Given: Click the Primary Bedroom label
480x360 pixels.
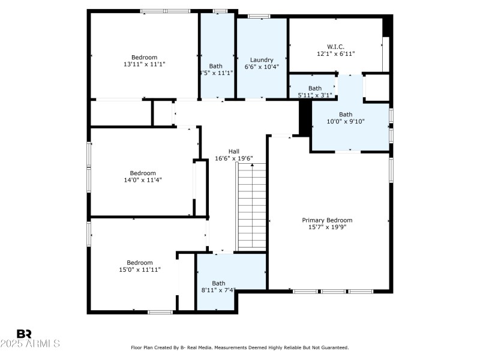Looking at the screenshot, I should click(326, 220).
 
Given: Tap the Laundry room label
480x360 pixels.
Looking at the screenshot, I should click(262, 60).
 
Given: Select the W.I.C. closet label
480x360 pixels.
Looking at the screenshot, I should click(335, 46).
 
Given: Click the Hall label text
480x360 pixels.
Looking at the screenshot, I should click(234, 151).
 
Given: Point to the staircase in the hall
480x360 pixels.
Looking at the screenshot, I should click(252, 207).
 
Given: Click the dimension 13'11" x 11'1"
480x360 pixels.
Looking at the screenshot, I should click(144, 64).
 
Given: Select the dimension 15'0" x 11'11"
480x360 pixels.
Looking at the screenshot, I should click(139, 269).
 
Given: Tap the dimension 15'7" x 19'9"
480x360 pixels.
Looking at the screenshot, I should click(326, 227).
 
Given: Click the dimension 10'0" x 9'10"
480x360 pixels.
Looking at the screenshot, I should click(346, 121).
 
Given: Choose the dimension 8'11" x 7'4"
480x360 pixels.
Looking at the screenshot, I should click(218, 290).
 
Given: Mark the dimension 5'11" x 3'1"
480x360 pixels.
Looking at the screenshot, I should click(315, 95).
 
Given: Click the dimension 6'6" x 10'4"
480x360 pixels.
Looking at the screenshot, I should click(262, 67).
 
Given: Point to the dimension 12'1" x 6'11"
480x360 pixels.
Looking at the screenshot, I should click(335, 53).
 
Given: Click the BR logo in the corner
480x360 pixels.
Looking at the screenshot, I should click(24, 334).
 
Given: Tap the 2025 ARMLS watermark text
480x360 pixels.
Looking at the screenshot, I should click(30, 344).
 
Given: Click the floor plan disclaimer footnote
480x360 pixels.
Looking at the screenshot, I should click(240, 347).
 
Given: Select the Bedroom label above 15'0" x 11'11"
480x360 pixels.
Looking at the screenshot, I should click(139, 262).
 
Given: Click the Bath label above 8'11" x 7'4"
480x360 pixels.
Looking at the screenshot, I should click(218, 283).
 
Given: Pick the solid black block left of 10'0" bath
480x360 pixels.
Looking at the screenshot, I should click(305, 116).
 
